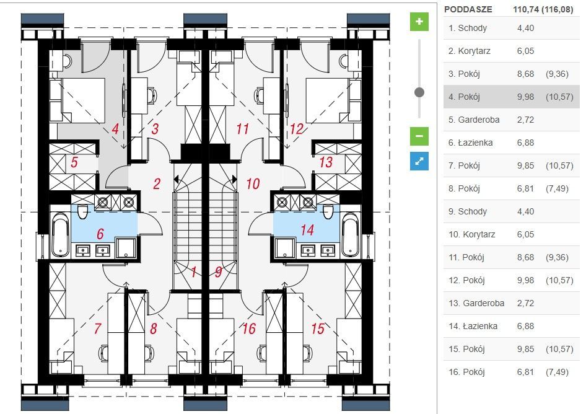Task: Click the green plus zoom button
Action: click(419, 22)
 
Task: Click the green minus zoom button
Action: click(419, 136)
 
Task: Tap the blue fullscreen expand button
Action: click(419, 161)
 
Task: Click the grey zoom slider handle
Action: click(419, 92)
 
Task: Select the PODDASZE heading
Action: click(468, 9)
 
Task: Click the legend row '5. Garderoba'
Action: click(511, 120)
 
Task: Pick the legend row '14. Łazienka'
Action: click(511, 326)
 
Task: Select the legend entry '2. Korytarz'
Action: click(511, 51)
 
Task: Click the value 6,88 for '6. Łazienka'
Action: click(525, 143)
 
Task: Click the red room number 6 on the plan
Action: click(100, 234)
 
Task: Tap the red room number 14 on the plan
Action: click(307, 230)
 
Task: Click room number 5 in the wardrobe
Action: click(74, 162)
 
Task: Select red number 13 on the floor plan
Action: click(325, 162)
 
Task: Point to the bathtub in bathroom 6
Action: click(60, 234)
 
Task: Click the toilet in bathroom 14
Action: click(328, 212)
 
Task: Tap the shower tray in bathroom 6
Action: click(126, 247)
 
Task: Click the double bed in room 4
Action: click(82, 100)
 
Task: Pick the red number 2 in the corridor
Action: click(157, 183)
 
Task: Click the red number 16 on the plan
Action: click(249, 328)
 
